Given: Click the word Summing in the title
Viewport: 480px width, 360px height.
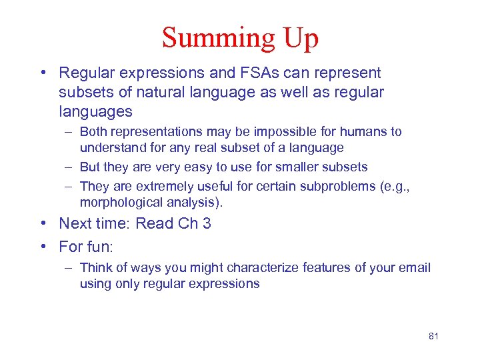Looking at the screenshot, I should (x=211, y=37).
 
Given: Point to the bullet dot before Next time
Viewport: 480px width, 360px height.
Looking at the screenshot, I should (x=43, y=224).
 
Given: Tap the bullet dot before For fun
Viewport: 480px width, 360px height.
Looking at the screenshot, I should (x=43, y=247).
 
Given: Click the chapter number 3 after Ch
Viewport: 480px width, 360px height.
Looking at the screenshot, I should (x=207, y=223).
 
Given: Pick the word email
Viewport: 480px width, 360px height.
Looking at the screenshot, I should (x=415, y=267).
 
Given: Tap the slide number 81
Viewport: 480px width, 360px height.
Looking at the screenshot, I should (x=433, y=336).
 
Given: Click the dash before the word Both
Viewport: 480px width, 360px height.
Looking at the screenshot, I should (x=69, y=132).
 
